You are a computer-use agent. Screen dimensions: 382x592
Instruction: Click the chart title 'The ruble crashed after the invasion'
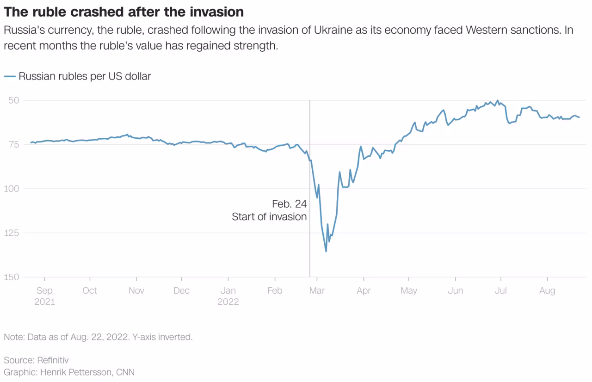(x=123, y=12)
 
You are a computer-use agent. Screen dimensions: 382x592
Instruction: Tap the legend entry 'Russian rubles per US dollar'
(x=85, y=76)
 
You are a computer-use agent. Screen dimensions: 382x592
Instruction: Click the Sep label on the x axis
(x=44, y=291)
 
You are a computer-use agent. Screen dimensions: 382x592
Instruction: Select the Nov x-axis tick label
(x=136, y=291)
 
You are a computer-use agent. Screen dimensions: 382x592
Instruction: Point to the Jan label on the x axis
(x=228, y=291)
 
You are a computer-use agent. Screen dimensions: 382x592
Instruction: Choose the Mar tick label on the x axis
(x=317, y=291)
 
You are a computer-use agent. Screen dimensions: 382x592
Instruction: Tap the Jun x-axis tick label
(x=456, y=291)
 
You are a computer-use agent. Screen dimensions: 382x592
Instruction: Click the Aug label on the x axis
(x=548, y=291)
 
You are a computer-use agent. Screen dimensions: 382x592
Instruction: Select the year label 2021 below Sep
(x=44, y=302)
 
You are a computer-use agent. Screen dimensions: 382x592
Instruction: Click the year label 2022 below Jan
(x=228, y=302)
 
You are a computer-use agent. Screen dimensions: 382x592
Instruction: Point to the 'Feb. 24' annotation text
(x=289, y=204)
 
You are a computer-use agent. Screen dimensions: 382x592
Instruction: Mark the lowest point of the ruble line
(x=326, y=251)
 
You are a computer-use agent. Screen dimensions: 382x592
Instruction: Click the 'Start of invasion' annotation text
(x=269, y=217)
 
